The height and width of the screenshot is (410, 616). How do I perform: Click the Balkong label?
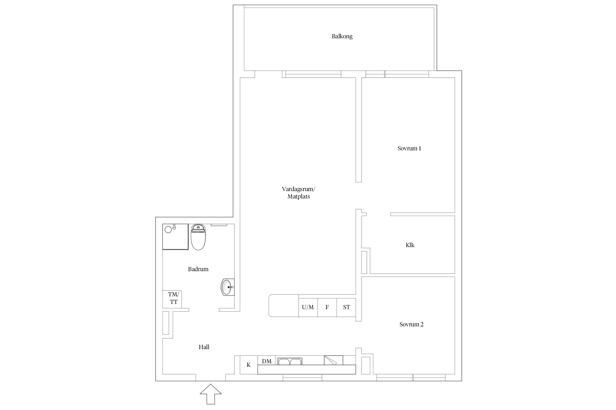tap(342, 36)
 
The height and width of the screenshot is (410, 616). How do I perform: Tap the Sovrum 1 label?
tap(409, 148)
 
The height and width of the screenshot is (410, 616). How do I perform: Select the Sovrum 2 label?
tap(411, 324)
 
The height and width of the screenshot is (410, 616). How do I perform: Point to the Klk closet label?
tap(410, 245)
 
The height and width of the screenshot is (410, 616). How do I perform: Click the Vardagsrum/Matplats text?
tap(298, 193)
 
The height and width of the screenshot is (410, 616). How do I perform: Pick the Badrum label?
tap(198, 269)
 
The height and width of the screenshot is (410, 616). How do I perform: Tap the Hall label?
tap(204, 347)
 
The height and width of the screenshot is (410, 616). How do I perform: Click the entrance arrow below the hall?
tap(211, 394)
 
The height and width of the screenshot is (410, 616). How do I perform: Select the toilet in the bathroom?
tap(198, 237)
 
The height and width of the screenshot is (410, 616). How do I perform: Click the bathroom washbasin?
tap(228, 287)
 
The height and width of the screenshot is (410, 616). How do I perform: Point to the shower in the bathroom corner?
tap(175, 237)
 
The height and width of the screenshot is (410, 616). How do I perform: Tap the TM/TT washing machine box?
tap(172, 299)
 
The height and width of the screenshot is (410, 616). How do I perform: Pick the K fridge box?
tap(249, 365)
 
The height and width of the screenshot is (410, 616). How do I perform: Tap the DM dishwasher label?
tap(267, 361)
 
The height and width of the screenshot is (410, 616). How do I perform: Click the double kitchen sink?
tap(290, 361)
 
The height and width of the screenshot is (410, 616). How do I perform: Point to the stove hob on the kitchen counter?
tap(333, 360)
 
